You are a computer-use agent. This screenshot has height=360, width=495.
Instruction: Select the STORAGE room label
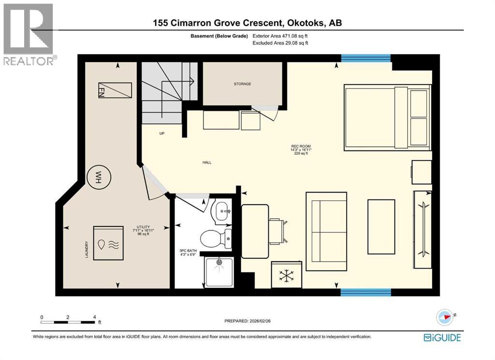(242, 84)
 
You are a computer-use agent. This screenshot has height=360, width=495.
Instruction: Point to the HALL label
(207, 163)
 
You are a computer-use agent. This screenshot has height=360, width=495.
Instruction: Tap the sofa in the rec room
(326, 232)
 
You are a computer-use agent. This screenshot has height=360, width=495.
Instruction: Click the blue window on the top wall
(365, 59)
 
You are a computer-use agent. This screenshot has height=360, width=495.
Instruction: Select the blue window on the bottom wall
(365, 292)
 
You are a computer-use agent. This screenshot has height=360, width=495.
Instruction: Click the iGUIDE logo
(442, 337)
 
